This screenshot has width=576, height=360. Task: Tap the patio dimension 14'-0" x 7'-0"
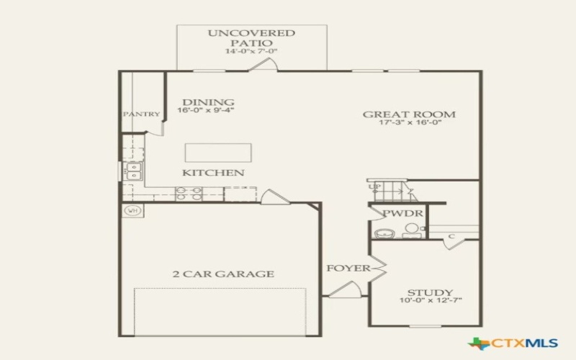point(251,52)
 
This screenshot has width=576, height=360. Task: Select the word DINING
point(207,102)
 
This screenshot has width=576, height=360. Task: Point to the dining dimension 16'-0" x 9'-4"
point(206,111)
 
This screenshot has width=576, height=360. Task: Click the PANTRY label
point(141,114)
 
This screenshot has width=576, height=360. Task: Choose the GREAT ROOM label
point(408,114)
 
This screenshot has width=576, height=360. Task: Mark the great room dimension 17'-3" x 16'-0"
point(409,122)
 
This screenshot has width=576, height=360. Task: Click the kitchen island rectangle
point(218,153)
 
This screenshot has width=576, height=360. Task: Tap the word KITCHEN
point(212,173)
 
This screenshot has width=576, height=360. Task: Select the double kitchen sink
point(133,171)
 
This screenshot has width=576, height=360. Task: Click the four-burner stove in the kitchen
point(189,194)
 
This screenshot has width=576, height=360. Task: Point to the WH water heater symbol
point(132,211)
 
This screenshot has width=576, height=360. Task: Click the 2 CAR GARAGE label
point(222,274)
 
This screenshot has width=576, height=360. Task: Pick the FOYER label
point(348,269)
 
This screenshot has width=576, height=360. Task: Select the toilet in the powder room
point(411,230)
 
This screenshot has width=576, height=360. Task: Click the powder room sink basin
point(384,233)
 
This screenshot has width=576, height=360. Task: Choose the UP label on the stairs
point(374,187)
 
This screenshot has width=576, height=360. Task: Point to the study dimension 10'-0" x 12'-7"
point(429,300)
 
